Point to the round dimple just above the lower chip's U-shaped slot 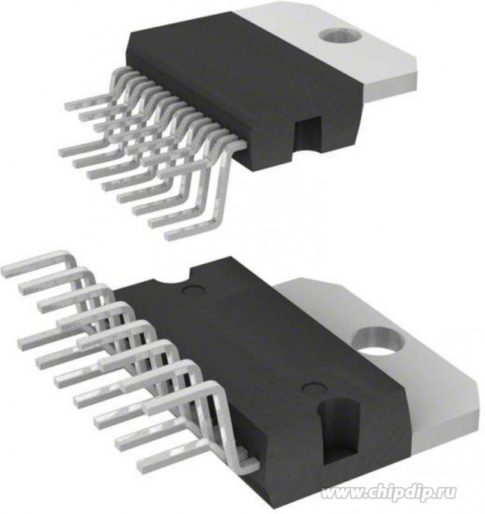pos(312,388)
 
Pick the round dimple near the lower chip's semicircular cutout pos(191,289)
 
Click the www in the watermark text pos(340,493)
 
